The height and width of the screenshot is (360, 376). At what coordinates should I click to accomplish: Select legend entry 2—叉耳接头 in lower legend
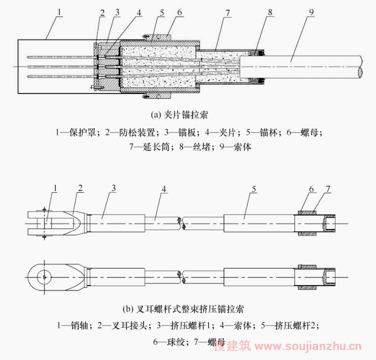coord(127,325)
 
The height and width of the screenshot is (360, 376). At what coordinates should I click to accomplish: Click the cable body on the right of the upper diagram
coord(302,66)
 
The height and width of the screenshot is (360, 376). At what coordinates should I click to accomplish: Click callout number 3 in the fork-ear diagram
coord(114,188)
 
